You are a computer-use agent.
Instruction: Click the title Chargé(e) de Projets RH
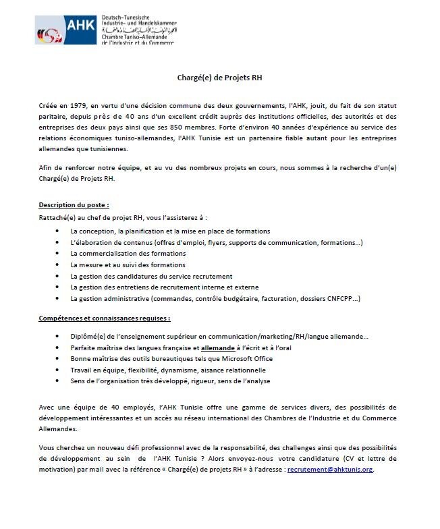(x=220, y=78)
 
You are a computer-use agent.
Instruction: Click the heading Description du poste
(x=74, y=204)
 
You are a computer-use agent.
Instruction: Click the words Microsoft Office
(x=221, y=358)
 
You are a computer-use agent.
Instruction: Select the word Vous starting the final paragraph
(x=48, y=448)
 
